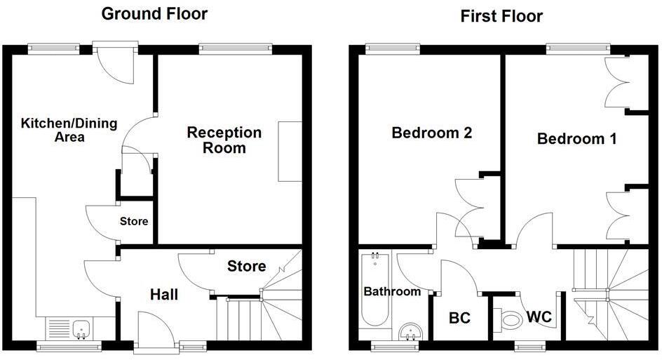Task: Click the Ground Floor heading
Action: pyautogui.click(x=154, y=13)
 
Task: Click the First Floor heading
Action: pyautogui.click(x=501, y=16)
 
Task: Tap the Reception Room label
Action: pyautogui.click(x=224, y=140)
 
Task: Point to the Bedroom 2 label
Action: pyautogui.click(x=431, y=133)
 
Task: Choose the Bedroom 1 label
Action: pyautogui.click(x=576, y=139)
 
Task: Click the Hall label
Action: pyautogui.click(x=164, y=295)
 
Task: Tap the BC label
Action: pyautogui.click(x=459, y=317)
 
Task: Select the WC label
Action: pyautogui.click(x=540, y=317)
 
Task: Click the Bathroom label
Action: pyautogui.click(x=392, y=291)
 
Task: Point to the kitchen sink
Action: pyautogui.click(x=81, y=328)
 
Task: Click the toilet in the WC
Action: pyautogui.click(x=511, y=320)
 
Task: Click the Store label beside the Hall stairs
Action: pyautogui.click(x=247, y=267)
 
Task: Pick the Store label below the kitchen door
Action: pyautogui.click(x=134, y=222)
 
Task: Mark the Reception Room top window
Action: pyautogui.click(x=235, y=48)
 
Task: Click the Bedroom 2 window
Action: pyautogui.click(x=393, y=48)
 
